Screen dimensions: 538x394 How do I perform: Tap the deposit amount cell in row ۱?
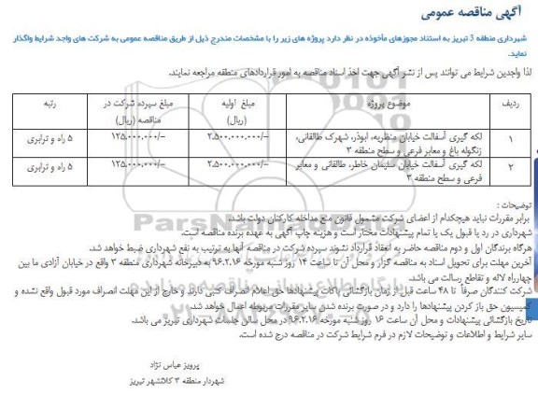click(x=139, y=137)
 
